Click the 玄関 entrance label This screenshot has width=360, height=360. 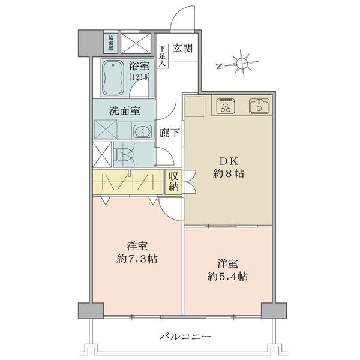tap(182, 48)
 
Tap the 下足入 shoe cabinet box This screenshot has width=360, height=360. tap(163, 56)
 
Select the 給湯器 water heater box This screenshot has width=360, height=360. tap(111, 43)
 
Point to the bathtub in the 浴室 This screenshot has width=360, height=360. tap(113, 78)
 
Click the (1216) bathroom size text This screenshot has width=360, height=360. tap(139, 76)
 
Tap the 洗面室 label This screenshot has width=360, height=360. tap(124, 111)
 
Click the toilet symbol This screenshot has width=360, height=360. tap(124, 154)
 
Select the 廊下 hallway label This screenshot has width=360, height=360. tap(169, 133)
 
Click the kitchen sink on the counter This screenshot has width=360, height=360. tap(259, 106)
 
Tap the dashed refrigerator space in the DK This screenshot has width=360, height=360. tap(195, 106)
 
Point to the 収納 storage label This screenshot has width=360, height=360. tap(173, 182)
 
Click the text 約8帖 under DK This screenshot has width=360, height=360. tap(229, 174)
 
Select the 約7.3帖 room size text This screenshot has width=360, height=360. tap(137, 259)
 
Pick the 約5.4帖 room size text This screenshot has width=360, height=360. tap(227, 277)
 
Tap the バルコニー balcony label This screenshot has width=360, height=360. tap(185, 337)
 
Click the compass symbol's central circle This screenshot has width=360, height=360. tap(242, 62)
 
